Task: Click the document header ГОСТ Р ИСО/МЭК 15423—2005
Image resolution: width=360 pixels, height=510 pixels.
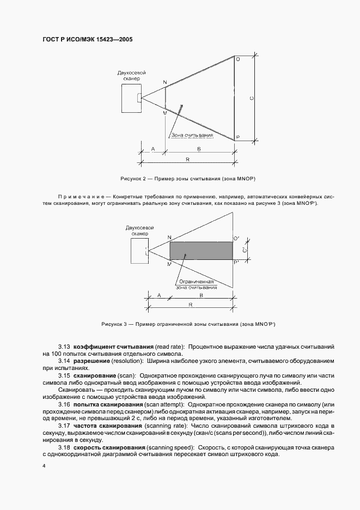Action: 87,40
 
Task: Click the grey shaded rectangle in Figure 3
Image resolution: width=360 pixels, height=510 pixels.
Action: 201,251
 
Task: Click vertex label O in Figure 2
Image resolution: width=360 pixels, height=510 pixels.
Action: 237,59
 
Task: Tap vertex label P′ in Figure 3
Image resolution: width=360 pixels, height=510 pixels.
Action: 236,263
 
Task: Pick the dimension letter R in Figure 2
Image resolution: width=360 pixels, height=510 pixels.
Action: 187,159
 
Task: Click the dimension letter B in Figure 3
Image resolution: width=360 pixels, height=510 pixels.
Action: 200,295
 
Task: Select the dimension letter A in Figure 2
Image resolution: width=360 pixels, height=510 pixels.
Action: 152,148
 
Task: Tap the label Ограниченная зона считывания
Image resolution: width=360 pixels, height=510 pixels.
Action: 196,284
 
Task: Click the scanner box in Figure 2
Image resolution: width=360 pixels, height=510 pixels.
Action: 131,98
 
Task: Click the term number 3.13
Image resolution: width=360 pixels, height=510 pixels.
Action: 64,347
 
